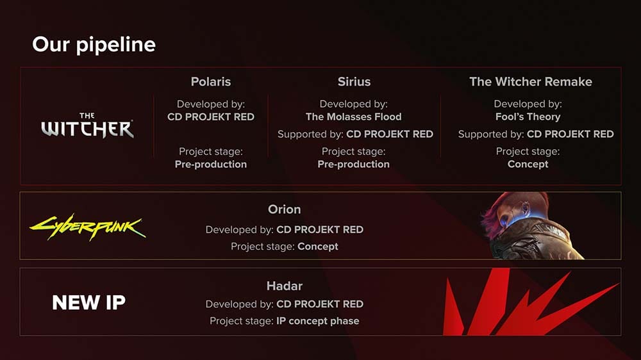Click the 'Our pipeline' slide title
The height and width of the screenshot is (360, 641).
coord(94,45)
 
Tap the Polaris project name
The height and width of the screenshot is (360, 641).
coord(210,82)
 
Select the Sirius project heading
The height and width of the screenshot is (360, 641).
coord(354,82)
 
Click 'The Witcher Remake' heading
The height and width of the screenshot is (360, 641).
coord(530,82)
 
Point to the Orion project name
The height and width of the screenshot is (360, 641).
coord(284,209)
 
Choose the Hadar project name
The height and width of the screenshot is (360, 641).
coord(284,286)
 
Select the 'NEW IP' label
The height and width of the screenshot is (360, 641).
coord(88,303)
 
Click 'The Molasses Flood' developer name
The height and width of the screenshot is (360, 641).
coord(353,117)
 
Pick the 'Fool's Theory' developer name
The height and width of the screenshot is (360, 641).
coord(528,117)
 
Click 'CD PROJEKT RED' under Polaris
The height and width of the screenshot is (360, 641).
coord(210,117)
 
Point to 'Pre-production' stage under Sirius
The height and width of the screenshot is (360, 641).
coord(353,164)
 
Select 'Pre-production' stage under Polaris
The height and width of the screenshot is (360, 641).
coord(210,164)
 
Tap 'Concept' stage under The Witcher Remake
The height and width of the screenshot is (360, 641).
coord(528,164)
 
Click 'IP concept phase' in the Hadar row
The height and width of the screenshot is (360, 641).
coord(317,320)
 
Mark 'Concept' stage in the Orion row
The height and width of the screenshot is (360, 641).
coord(317,246)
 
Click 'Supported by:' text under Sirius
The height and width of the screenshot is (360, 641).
coord(310,135)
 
